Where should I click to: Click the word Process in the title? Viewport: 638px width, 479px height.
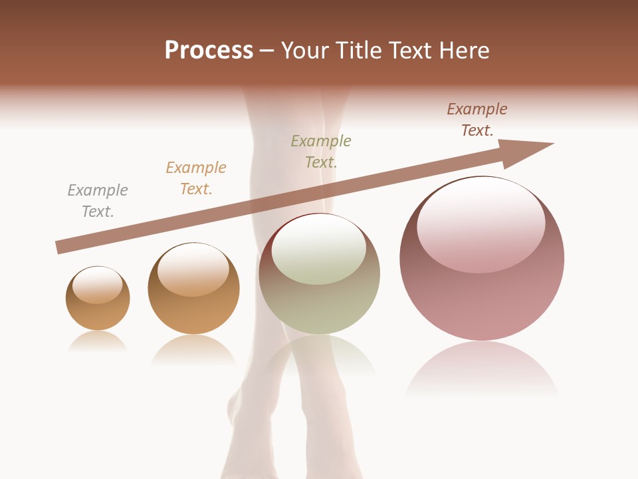[209, 51]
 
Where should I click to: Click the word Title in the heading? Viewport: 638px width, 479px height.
[358, 51]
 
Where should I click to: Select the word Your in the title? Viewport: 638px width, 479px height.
[304, 51]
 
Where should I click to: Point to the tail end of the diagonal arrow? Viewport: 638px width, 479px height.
[60, 247]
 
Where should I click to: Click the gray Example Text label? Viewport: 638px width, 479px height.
[98, 201]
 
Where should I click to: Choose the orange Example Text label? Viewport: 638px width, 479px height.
[196, 178]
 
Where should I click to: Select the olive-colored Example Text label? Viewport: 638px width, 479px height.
[321, 151]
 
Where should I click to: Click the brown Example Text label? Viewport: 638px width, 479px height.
[477, 120]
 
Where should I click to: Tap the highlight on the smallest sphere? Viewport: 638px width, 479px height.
[98, 285]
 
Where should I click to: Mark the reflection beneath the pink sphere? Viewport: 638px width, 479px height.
[482, 369]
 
